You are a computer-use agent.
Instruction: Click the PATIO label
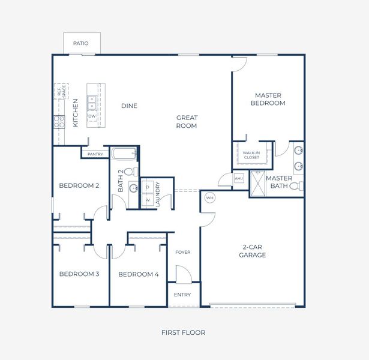point(81,43)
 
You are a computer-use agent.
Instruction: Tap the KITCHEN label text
point(76,113)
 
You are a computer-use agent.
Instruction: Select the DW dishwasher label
point(92,116)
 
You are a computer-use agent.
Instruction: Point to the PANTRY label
point(95,154)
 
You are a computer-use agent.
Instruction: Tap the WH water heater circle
point(209,197)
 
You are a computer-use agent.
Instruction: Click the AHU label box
point(239,178)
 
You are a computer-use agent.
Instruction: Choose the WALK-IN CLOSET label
point(251,155)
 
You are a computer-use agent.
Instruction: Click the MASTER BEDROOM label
point(268,99)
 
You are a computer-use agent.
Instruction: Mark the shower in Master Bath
point(257,184)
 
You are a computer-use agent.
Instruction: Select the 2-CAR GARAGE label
point(254,251)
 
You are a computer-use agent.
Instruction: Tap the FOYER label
point(183,252)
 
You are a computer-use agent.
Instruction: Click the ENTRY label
point(182,295)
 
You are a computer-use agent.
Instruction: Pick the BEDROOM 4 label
point(138,274)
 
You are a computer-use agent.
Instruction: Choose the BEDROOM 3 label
point(79,274)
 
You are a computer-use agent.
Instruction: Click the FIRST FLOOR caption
point(184,332)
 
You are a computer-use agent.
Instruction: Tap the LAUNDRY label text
point(158,194)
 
